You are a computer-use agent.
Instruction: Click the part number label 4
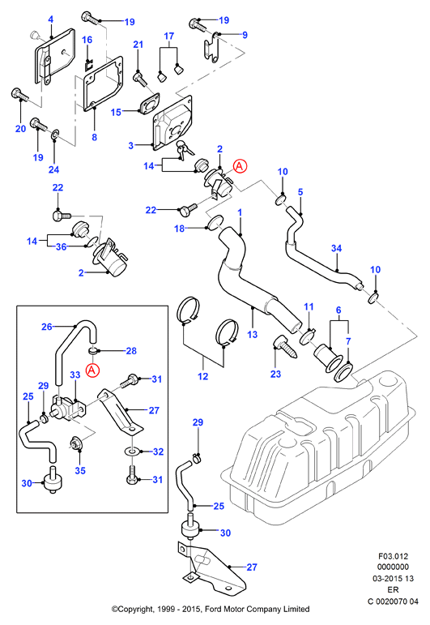50,19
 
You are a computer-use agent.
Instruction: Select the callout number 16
87,40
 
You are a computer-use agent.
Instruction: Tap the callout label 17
168,36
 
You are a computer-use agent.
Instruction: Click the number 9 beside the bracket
245,35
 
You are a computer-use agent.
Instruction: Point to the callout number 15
116,112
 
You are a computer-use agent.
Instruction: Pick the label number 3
130,145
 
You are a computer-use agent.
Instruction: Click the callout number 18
180,229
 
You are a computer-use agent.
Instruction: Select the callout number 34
336,248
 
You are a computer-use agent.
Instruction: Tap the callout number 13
253,334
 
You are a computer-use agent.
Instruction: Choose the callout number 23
275,374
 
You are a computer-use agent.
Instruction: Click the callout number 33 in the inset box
75,375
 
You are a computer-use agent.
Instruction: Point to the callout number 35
80,470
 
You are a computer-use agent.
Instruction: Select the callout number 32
159,452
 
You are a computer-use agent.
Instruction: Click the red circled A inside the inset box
92,370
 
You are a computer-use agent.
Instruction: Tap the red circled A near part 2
240,166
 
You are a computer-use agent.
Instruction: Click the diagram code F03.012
394,556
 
